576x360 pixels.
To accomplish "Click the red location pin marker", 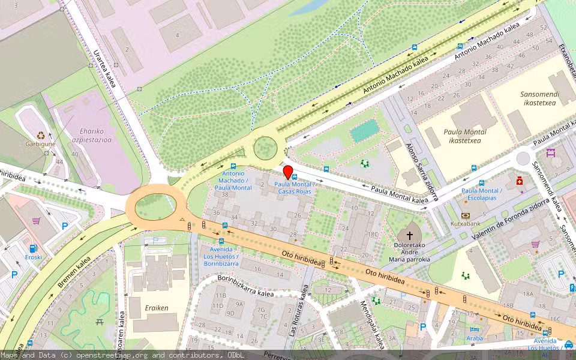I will pos(288,172).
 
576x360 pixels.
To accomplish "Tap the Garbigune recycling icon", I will pos(41,136).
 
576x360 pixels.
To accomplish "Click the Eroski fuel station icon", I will pos(32,248).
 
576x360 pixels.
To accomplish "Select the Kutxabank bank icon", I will pos(466,215).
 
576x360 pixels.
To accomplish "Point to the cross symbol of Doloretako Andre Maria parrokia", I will pos(410,236).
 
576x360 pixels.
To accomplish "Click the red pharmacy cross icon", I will pos(520,181).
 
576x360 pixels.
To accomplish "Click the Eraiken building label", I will pos(157,308).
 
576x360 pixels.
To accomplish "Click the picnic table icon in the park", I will pos(100,322).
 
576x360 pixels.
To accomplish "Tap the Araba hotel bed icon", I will pos(474,329).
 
